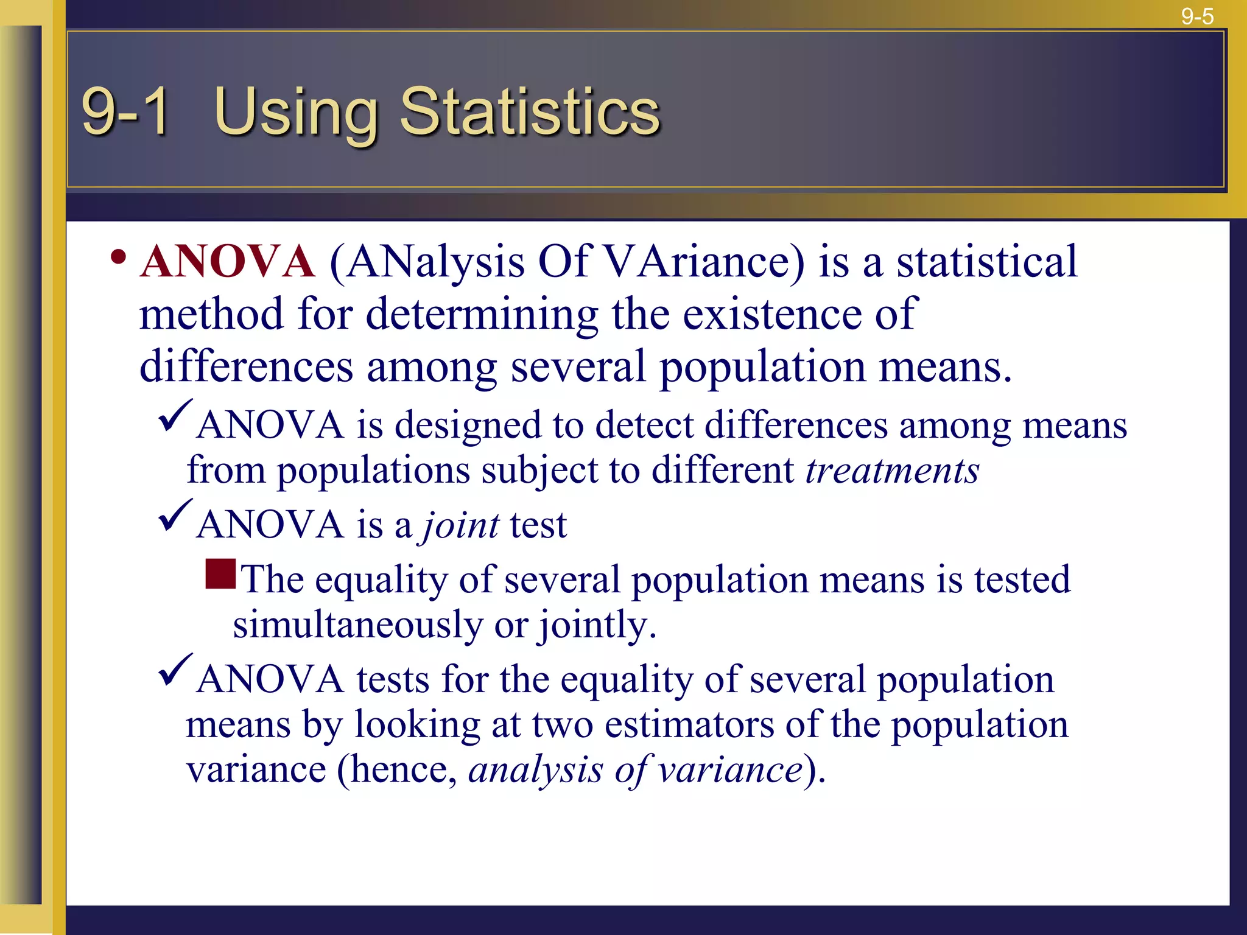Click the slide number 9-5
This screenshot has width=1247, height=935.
pos(1197,16)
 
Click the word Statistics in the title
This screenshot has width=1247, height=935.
pos(529,112)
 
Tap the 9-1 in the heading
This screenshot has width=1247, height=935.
pos(125,112)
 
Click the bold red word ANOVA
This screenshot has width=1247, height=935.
pos(227,262)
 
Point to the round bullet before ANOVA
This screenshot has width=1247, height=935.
pos(119,257)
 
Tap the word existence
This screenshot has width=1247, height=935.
pos(771,314)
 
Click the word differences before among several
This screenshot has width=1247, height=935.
pos(246,367)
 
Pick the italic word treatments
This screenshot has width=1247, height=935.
pos(892,471)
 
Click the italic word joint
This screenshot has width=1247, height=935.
pos(461,525)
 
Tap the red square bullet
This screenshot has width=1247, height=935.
pos(220,574)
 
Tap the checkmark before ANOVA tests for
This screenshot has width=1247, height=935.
pos(175,670)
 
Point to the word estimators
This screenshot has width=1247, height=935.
pos(689,725)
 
